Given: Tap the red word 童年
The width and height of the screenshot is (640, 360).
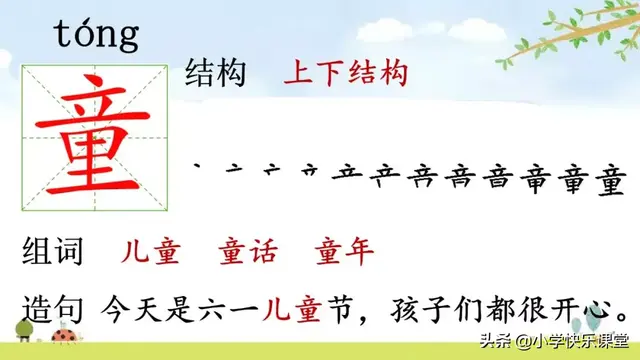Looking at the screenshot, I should [343, 250].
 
